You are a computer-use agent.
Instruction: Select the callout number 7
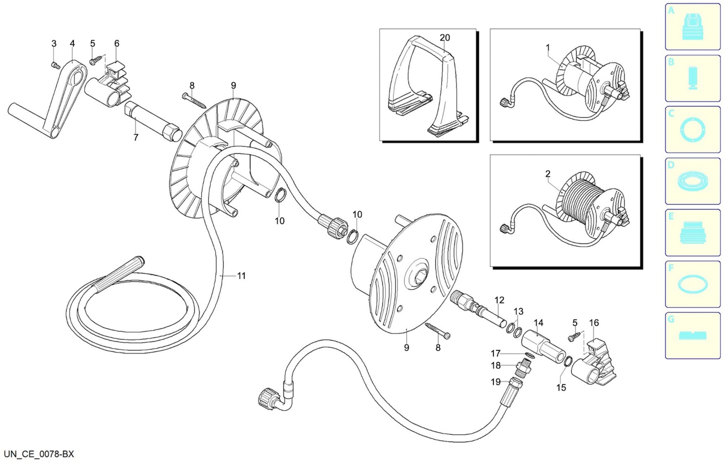coord(136,137)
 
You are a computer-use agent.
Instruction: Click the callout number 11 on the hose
coord(241,276)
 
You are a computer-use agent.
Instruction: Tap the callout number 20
coord(445,38)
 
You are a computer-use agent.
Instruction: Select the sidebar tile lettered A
coord(692,27)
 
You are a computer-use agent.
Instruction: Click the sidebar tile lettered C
coord(692,130)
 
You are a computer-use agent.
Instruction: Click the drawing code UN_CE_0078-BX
coord(39,454)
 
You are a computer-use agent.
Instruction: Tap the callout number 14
coord(539,323)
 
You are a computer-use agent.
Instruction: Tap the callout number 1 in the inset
coord(548,48)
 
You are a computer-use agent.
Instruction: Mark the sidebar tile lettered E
coord(692,233)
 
